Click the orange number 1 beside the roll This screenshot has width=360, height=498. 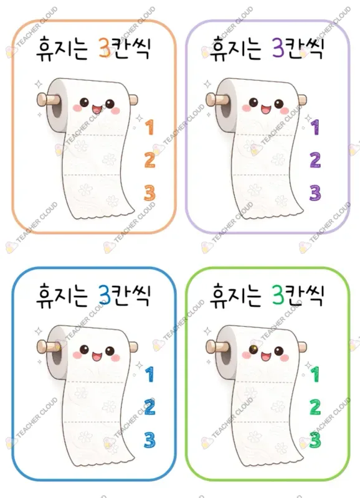click(x=149, y=127)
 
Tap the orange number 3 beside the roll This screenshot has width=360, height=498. click(x=149, y=193)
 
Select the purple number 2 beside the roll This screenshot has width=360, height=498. click(x=315, y=160)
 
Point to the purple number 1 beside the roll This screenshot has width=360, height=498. click(x=315, y=127)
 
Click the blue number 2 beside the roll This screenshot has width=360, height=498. click(x=149, y=407)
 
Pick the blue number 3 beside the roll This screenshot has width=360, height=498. click(x=149, y=440)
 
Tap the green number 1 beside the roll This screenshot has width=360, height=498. click(x=315, y=374)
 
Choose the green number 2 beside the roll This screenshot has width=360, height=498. click(x=315, y=407)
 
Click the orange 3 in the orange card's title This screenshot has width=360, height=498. click(x=104, y=48)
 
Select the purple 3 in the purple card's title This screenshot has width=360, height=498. click(x=278, y=48)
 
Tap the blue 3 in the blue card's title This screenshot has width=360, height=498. click(x=104, y=295)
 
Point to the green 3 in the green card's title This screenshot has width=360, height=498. click(x=278, y=295)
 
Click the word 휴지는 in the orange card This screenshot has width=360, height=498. click(x=62, y=49)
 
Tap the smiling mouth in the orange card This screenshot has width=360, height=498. click(x=97, y=110)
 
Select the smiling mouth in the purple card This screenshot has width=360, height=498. click(x=267, y=110)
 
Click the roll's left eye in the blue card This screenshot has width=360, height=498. click(x=84, y=350)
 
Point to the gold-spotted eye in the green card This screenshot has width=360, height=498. click(x=253, y=350)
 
